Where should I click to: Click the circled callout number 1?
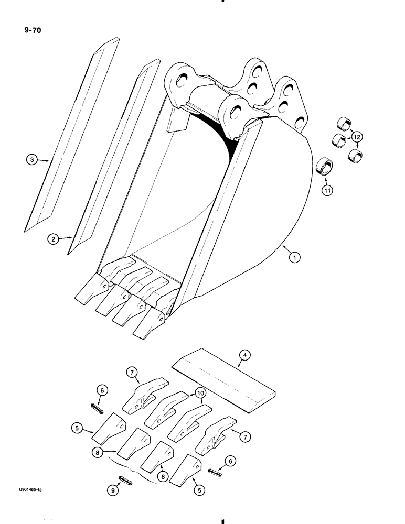(x=296, y=258)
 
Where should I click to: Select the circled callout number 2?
(x=53, y=239)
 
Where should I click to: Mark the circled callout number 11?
(x=327, y=192)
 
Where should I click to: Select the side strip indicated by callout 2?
(x=113, y=157)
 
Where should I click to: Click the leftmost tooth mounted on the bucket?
(x=92, y=291)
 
